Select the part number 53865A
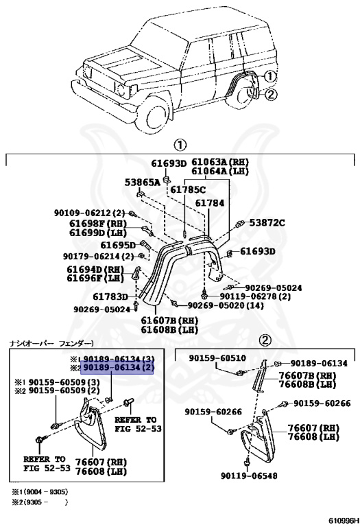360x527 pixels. [x=142, y=183]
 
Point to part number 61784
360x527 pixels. [x=209, y=203]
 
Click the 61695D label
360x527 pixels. [x=118, y=244]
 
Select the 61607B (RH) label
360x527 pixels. [x=169, y=320]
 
